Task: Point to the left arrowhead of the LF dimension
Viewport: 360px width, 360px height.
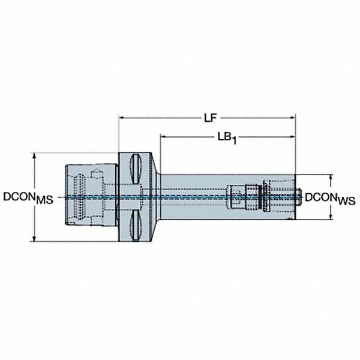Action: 121,118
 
